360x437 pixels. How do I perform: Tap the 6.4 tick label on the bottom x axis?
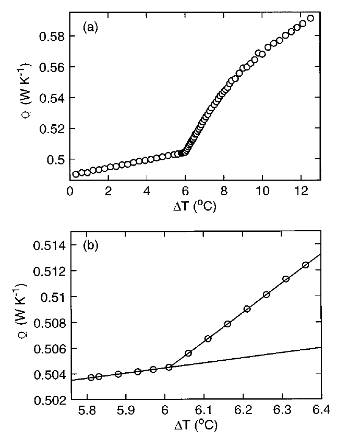point(320,411)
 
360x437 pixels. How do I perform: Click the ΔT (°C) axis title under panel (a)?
point(195,207)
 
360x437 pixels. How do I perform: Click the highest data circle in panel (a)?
point(310,18)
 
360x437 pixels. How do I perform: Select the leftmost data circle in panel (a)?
point(76,174)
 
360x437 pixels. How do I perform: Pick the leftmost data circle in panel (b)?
point(91,377)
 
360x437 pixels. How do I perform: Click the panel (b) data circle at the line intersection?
point(169,367)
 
